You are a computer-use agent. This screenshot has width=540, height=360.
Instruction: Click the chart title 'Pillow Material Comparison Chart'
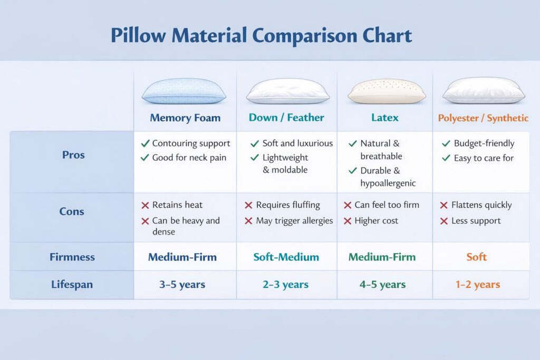pyautogui.click(x=262, y=36)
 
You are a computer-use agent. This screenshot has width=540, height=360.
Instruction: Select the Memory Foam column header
pyautogui.click(x=185, y=118)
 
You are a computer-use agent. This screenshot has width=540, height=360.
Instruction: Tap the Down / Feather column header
pyautogui.click(x=286, y=118)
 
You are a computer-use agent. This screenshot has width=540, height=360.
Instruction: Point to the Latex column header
pyautogui.click(x=385, y=118)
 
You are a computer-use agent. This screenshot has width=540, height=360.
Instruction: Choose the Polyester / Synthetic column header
pyautogui.click(x=483, y=118)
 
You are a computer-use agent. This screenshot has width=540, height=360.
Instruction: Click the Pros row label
pyautogui.click(x=73, y=155)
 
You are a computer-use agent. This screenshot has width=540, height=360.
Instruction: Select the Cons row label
pyautogui.click(x=72, y=211)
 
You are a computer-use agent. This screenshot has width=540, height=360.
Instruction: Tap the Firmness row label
pyautogui.click(x=72, y=257)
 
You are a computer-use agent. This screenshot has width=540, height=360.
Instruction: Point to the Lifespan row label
pyautogui.click(x=72, y=285)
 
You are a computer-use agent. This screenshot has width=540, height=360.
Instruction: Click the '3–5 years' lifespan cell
pyautogui.click(x=182, y=285)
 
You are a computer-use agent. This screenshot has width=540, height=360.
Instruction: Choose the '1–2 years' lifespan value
pyautogui.click(x=478, y=285)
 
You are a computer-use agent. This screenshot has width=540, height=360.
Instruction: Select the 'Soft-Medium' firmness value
pyautogui.click(x=286, y=257)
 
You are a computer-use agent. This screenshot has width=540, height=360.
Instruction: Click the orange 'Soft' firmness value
pyautogui.click(x=477, y=257)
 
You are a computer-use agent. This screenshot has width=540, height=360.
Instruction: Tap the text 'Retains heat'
pyautogui.click(x=177, y=205)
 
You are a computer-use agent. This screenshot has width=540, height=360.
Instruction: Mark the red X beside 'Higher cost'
pyautogui.click(x=348, y=221)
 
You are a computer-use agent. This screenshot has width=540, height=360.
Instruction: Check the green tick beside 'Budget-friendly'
pyautogui.click(x=446, y=143)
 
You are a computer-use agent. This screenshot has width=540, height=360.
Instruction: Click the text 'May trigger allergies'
pyautogui.click(x=294, y=221)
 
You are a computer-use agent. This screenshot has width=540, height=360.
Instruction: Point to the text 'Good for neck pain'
pyautogui.click(x=189, y=158)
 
